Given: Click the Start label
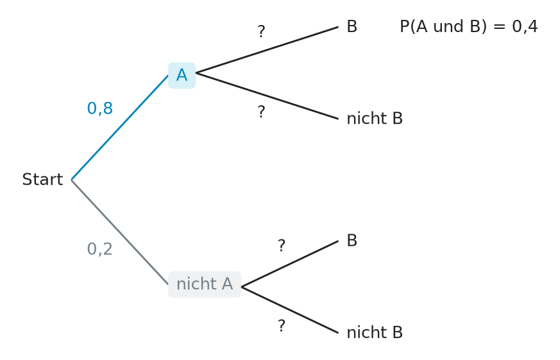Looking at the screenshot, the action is (42, 179).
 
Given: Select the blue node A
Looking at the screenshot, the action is (182, 75).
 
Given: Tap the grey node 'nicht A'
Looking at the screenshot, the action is (205, 284).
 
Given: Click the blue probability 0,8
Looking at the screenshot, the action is (99, 108).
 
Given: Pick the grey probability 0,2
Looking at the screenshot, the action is (99, 249).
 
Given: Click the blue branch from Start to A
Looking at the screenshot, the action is (120, 128).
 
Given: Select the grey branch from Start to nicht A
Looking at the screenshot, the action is (120, 232).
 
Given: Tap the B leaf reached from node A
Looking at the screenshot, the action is (352, 26).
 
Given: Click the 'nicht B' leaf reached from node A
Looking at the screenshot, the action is (375, 119).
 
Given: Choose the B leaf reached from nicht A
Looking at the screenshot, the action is (352, 241).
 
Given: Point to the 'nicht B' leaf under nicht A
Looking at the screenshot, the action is (375, 332).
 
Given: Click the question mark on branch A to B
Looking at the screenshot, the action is (262, 32).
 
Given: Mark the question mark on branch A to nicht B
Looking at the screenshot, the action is (262, 112).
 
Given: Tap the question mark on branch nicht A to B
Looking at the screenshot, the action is (282, 246).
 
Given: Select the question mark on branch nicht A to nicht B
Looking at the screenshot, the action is (282, 326).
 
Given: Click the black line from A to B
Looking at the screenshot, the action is (267, 50).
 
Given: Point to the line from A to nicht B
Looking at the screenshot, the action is (267, 96).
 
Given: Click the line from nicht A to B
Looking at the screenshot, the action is (290, 264).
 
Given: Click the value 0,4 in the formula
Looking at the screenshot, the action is (525, 27).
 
